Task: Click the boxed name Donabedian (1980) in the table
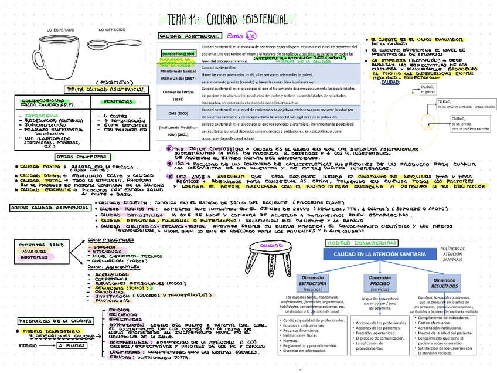(180, 53)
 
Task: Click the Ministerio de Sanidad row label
(179, 74)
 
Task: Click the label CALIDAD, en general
(428, 89)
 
